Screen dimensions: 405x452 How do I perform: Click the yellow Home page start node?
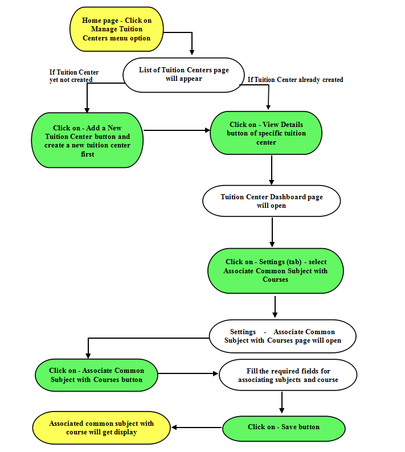(x=117, y=29)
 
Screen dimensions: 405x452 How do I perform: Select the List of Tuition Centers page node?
(x=184, y=75)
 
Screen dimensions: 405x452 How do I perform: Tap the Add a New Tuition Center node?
(x=87, y=140)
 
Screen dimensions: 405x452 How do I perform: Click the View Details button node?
(x=266, y=133)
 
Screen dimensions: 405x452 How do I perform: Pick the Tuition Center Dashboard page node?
(x=272, y=201)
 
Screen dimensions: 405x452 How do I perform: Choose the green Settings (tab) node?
(x=276, y=270)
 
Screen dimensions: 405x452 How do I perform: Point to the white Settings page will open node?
(x=283, y=336)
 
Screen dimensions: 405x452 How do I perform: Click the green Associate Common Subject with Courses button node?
(x=96, y=375)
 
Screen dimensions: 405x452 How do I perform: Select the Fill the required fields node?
(x=288, y=375)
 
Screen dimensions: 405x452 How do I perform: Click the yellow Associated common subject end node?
(x=101, y=428)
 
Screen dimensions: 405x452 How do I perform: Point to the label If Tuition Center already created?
(x=295, y=80)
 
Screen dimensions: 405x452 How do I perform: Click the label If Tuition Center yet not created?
(x=74, y=76)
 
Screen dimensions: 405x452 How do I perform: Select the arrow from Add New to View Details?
(x=177, y=130)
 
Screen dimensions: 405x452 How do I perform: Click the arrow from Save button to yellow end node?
(x=197, y=428)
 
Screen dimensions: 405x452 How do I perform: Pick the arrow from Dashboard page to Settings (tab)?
(x=272, y=232)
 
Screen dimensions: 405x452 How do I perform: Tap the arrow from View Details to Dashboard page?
(x=272, y=170)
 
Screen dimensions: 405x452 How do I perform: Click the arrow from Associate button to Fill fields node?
(x=188, y=373)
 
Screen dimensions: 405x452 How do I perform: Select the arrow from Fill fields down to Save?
(x=282, y=402)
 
